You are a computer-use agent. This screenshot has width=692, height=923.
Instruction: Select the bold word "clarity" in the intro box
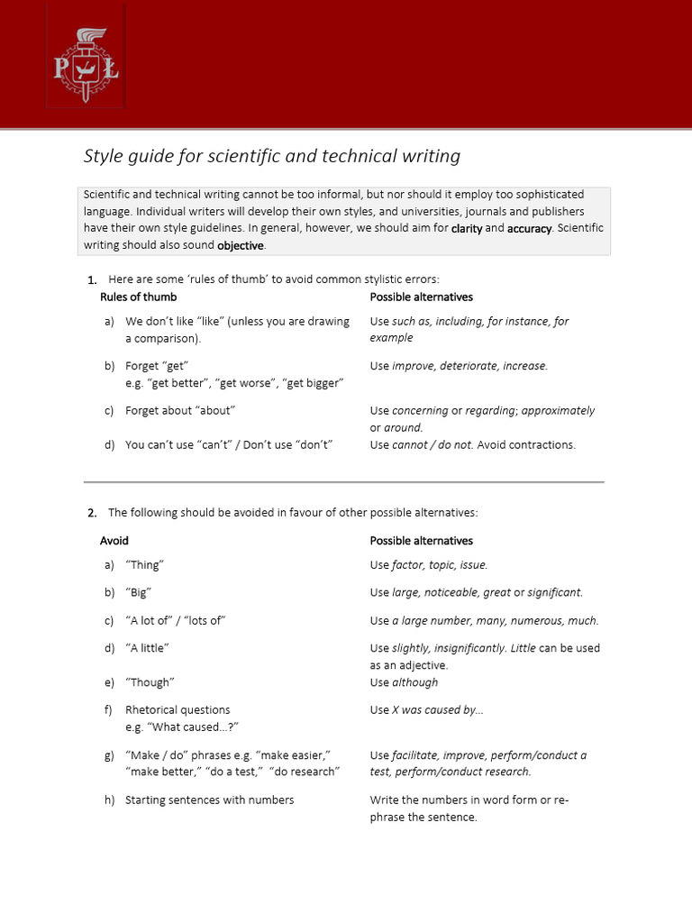(467, 229)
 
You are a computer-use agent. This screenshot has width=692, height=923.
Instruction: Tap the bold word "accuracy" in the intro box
(529, 229)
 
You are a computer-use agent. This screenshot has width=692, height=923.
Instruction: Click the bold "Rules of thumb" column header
(138, 297)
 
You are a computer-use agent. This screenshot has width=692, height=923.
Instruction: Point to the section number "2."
(92, 513)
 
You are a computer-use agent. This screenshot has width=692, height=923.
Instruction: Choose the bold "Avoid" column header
(114, 541)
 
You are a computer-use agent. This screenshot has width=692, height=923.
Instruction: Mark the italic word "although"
(414, 682)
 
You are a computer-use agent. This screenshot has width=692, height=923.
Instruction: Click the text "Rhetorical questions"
(178, 710)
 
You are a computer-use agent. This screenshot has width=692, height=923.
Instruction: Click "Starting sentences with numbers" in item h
(209, 800)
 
